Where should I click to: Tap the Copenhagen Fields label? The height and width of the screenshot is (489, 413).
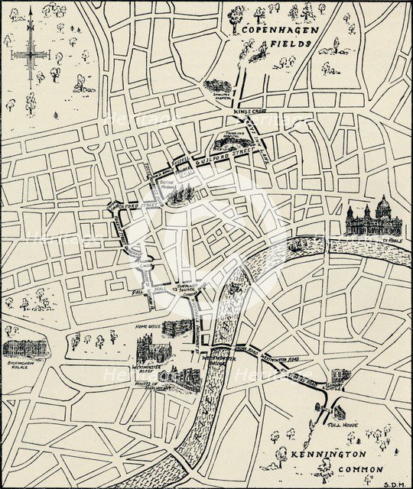click(276, 37)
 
